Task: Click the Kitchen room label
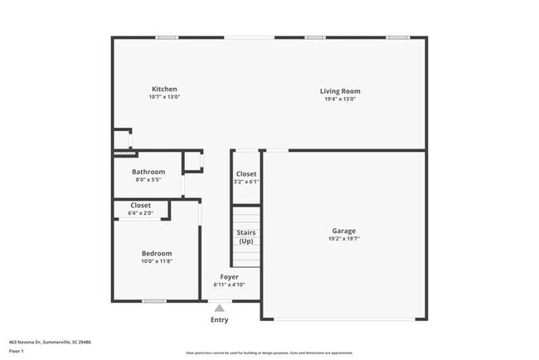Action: [x=164, y=90]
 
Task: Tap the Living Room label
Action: [x=340, y=91]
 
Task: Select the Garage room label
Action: [x=343, y=231]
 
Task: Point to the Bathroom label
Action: [x=148, y=172]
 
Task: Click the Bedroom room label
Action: [x=156, y=253]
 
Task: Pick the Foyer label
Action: [x=229, y=277]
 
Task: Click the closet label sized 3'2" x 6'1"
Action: [x=246, y=174]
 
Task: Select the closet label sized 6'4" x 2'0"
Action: [x=141, y=205]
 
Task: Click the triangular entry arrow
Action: [x=219, y=309]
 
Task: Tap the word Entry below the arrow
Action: [x=219, y=320]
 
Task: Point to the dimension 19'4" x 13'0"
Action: [x=340, y=99]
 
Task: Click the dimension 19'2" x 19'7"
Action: [x=343, y=239]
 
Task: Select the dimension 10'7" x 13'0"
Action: [x=164, y=97]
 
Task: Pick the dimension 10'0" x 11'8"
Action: [x=156, y=261]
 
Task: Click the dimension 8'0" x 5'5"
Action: [x=148, y=179]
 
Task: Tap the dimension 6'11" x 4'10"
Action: [x=229, y=285]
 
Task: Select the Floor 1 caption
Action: [x=17, y=351]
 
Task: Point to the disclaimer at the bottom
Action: [x=269, y=353]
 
